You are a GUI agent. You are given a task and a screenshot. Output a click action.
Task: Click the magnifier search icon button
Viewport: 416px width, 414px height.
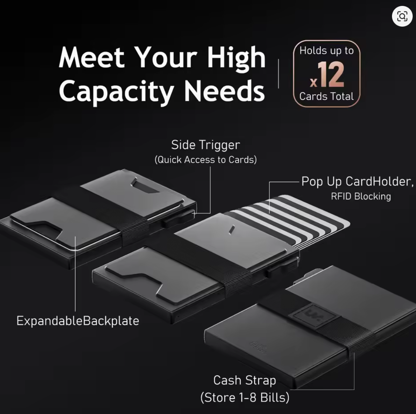[402, 16]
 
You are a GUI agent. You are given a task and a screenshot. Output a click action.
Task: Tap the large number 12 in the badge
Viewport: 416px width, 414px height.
[331, 75]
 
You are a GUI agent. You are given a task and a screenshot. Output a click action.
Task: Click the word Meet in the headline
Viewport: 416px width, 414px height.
[92, 58]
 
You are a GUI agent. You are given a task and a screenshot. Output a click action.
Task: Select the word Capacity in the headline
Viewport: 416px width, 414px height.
[116, 92]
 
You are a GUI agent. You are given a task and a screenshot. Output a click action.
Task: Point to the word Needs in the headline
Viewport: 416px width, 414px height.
[225, 91]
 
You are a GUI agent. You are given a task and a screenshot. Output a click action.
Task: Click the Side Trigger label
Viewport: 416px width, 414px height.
[206, 145]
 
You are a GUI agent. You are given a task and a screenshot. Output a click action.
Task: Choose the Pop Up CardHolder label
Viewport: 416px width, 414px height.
[358, 182]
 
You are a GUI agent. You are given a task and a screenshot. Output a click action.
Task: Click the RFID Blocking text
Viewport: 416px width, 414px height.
[361, 196]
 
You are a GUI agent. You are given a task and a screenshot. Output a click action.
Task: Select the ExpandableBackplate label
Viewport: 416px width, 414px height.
[78, 321]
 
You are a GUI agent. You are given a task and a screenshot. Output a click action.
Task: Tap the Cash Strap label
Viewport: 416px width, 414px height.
[245, 381]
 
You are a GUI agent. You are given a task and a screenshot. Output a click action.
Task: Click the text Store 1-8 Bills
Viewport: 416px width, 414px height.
[245, 397]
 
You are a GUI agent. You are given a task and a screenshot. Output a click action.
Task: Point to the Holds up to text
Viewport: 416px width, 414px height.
[327, 51]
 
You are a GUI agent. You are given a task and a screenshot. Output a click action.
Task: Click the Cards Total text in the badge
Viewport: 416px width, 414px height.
[327, 96]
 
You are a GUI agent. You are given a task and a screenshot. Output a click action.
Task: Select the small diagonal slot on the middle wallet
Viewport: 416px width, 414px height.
[232, 230]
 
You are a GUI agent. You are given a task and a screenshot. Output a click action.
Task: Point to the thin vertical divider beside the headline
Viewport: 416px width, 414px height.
[278, 74]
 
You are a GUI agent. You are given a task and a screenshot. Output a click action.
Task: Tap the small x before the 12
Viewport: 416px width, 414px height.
[313, 82]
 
